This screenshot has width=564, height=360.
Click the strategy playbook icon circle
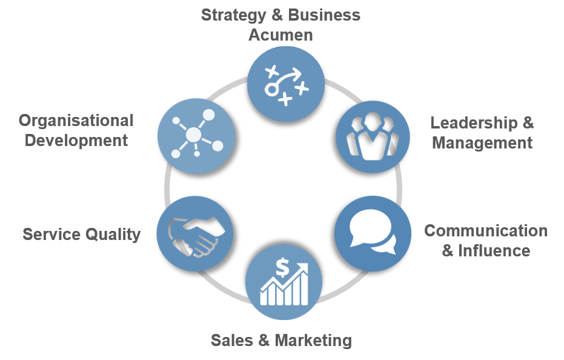[285, 84]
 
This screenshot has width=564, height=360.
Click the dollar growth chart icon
[284, 282]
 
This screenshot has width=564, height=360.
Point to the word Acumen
[280, 35]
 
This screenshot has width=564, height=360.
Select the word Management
[482, 143]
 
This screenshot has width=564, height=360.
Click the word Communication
[486, 231]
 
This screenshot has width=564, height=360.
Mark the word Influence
[494, 250]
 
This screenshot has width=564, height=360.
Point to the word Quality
[111, 234]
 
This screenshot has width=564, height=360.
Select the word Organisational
[76, 121]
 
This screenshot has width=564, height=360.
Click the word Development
[73, 141]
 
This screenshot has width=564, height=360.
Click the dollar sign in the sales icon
[282, 267]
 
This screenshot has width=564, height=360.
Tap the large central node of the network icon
[193, 134]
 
